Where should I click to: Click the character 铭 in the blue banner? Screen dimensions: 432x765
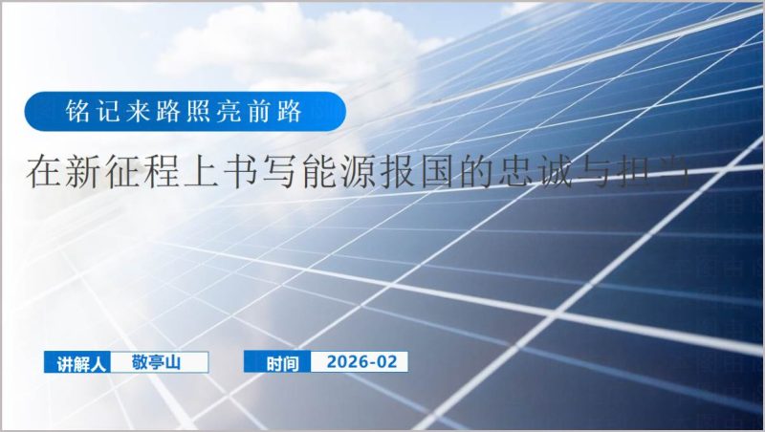(78, 113)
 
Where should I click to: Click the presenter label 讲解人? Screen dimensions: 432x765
(79, 363)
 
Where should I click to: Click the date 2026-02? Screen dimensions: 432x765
(361, 361)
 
